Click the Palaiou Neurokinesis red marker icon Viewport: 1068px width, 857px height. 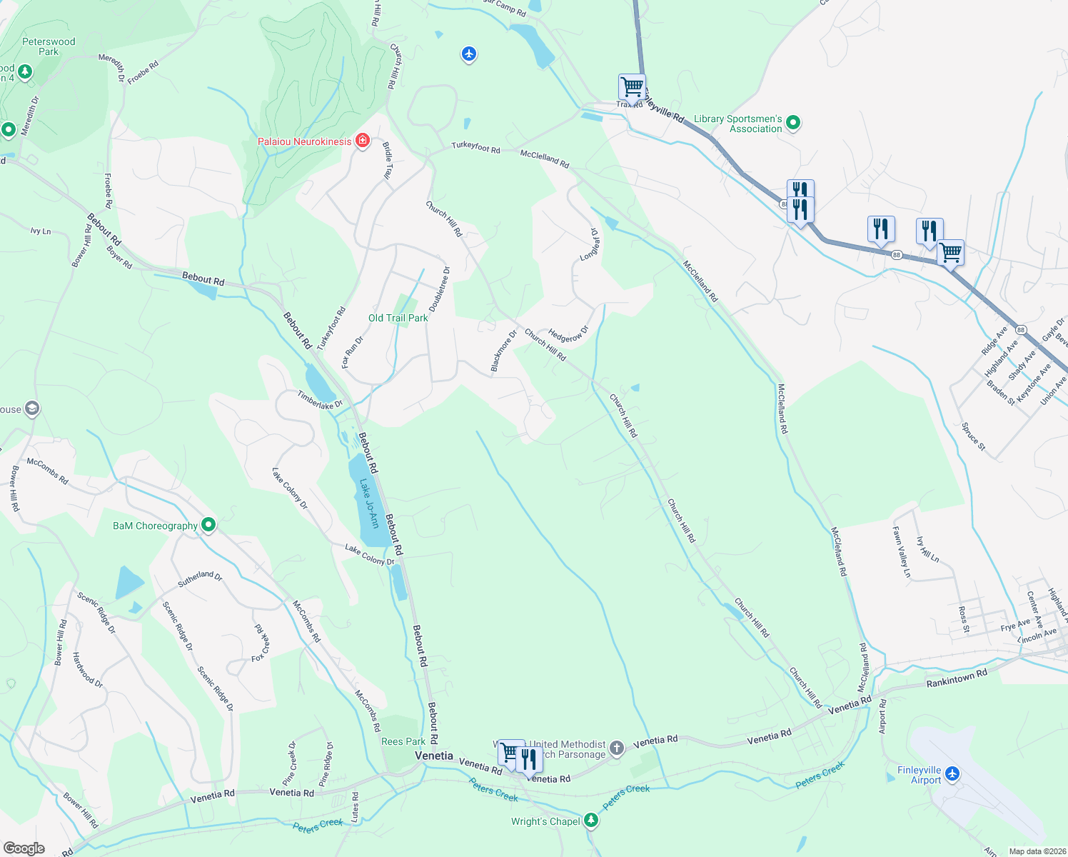click(x=363, y=140)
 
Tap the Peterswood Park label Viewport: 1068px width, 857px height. click(x=49, y=46)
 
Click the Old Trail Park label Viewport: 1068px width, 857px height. click(x=398, y=318)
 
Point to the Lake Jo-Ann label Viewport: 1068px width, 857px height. click(x=368, y=503)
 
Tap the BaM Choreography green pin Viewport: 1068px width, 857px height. click(x=208, y=525)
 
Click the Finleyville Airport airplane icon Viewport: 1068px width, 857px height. click(x=952, y=773)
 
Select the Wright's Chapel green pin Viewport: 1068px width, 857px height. click(x=590, y=820)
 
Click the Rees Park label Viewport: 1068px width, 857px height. click(x=403, y=741)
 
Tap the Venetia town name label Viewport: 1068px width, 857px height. click(x=434, y=756)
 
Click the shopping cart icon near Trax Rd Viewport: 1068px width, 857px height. click(x=632, y=87)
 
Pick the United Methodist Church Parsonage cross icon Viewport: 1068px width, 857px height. click(x=617, y=748)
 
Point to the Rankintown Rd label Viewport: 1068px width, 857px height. click(x=957, y=678)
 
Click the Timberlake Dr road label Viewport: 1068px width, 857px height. click(x=320, y=400)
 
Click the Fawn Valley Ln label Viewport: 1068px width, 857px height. click(x=902, y=551)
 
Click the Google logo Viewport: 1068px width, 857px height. click(x=24, y=848)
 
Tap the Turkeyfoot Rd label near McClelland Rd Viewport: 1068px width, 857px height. click(x=475, y=147)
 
